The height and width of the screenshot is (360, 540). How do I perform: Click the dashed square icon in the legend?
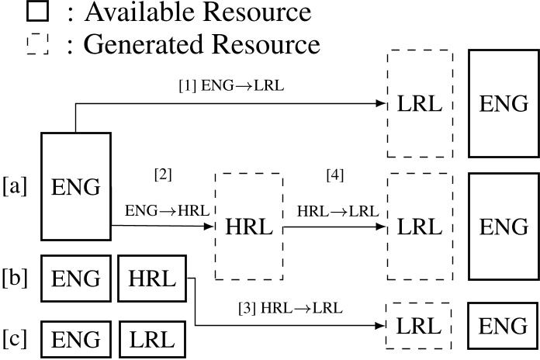pyautogui.click(x=37, y=44)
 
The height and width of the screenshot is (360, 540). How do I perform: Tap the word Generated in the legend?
pyautogui.click(x=137, y=44)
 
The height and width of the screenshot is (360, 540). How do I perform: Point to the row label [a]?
pyautogui.click(x=15, y=186)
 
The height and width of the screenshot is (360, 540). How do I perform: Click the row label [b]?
pyautogui.click(x=15, y=277)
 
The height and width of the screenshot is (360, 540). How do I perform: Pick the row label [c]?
pyautogui.click(x=15, y=339)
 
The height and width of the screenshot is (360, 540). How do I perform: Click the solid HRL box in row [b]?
pyautogui.click(x=152, y=278)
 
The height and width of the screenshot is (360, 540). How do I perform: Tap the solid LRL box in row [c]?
pyautogui.click(x=152, y=339)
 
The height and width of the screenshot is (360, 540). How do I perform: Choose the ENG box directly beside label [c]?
pyautogui.click(x=75, y=339)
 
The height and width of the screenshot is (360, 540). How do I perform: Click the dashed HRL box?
pyautogui.click(x=249, y=227)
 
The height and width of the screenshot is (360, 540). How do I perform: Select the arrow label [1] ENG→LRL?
pyautogui.click(x=231, y=85)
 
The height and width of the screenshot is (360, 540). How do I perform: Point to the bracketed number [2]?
pyautogui.click(x=163, y=175)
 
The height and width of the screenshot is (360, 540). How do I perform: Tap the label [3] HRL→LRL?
pyautogui.click(x=291, y=309)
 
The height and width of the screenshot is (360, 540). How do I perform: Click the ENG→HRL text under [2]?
pyautogui.click(x=162, y=210)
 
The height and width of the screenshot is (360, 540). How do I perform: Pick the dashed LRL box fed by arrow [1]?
pyautogui.click(x=419, y=104)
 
